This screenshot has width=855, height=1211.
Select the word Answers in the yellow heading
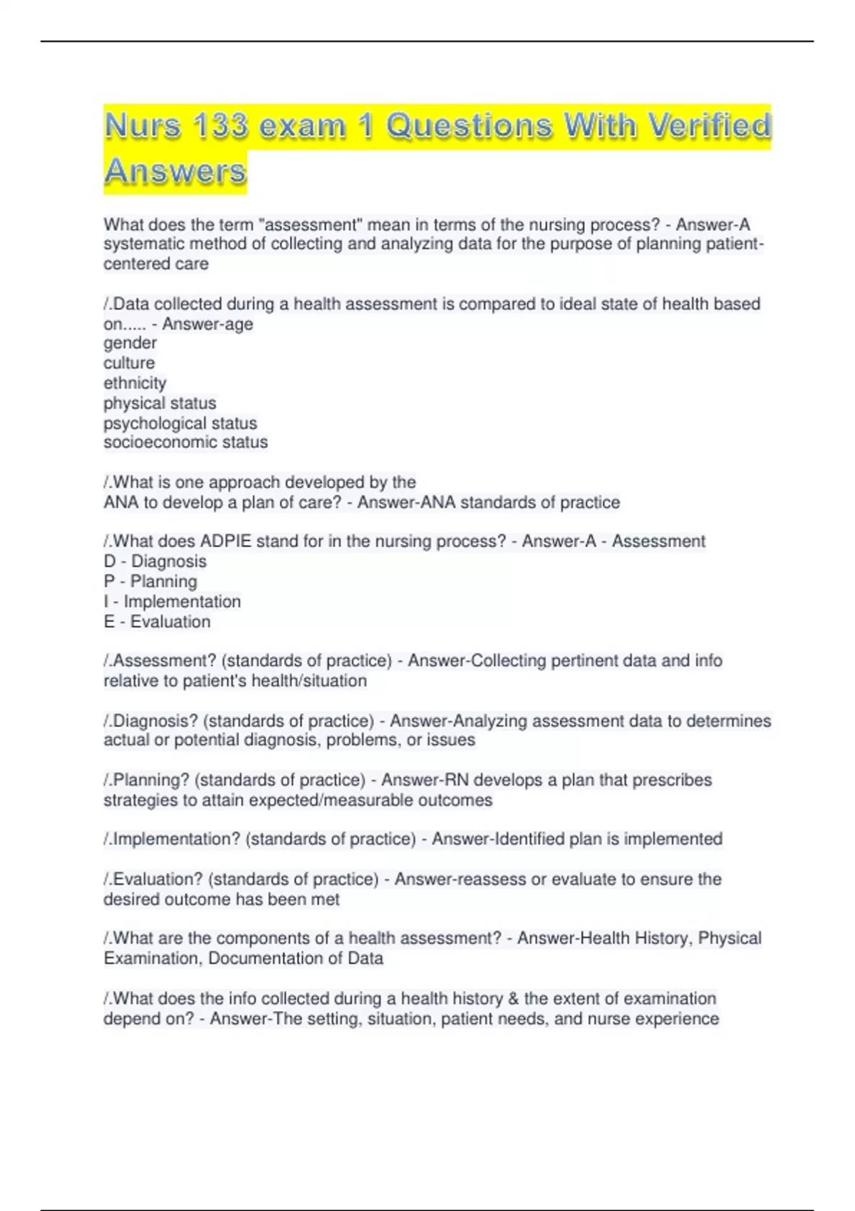point(175,172)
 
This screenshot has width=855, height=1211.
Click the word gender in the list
point(130,343)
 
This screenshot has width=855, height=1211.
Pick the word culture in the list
point(129,363)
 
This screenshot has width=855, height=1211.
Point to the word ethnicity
point(135,383)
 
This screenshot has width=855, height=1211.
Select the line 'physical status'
point(160,403)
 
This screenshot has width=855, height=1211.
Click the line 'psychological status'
point(180,423)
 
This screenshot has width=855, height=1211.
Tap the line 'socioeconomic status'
point(186,442)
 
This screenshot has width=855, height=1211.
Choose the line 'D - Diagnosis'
point(155,561)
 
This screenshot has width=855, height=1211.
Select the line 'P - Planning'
point(150,581)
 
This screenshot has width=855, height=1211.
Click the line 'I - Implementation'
point(172,602)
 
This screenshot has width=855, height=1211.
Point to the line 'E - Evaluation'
point(157,622)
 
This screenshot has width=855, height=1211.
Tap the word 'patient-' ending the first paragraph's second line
point(734,244)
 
